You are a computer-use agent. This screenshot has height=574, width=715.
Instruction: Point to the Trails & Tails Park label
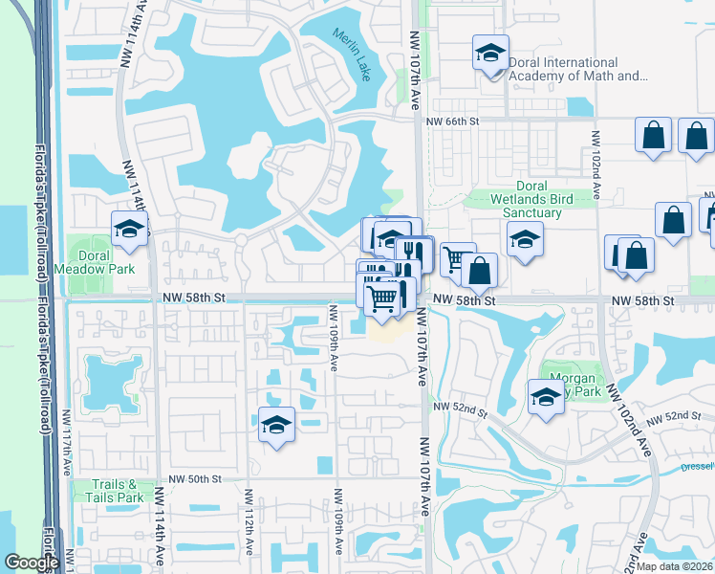coord(117,491)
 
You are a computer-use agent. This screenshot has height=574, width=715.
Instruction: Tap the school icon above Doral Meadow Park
coord(129,230)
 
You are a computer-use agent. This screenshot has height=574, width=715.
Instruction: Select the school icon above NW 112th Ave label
coord(276,425)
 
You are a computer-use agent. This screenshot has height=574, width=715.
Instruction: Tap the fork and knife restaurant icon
coord(412,253)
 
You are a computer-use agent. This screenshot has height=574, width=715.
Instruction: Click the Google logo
coord(31,563)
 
